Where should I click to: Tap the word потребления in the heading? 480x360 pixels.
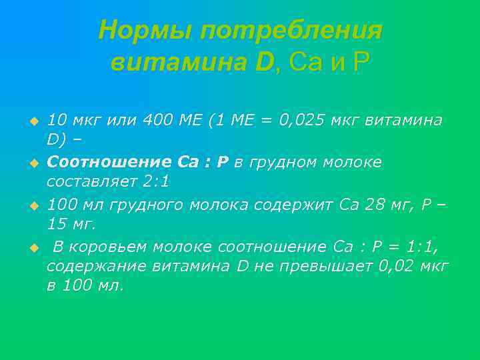point(292,31)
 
